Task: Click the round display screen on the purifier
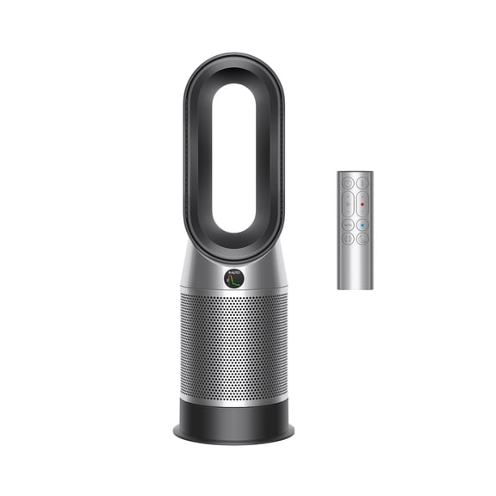[x=233, y=278]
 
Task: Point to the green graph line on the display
[x=234, y=282]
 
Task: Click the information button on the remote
[x=363, y=183]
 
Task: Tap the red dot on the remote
[x=363, y=204]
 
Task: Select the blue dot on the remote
[x=363, y=225]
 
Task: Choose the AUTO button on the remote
[x=347, y=225]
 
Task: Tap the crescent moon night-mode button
[x=363, y=239]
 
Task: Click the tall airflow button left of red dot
[x=347, y=204]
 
